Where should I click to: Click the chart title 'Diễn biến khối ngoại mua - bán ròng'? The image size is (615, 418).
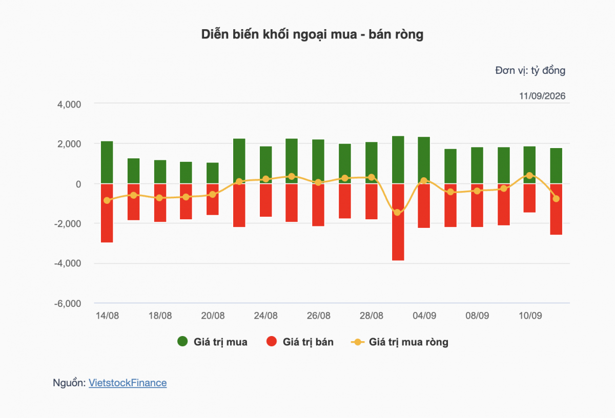(x=312, y=35)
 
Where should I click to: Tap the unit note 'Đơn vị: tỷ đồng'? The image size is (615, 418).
(x=530, y=71)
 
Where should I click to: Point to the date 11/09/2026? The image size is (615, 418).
(x=542, y=96)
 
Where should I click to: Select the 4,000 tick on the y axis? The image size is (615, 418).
(x=69, y=104)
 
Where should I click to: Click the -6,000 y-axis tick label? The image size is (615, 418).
(x=68, y=304)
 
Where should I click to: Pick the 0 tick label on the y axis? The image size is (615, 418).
(x=78, y=184)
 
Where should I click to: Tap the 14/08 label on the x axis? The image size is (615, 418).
(x=107, y=316)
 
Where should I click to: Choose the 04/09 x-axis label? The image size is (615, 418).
(x=424, y=316)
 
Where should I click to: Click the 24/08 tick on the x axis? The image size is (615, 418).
(x=265, y=316)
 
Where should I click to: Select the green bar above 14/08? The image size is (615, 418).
(x=107, y=162)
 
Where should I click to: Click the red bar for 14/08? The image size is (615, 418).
(x=107, y=213)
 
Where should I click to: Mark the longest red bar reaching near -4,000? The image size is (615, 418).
(x=398, y=222)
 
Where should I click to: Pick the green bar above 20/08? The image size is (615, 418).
(x=213, y=173)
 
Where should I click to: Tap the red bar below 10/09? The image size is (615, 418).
(x=529, y=198)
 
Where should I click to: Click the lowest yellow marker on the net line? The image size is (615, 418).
(x=397, y=213)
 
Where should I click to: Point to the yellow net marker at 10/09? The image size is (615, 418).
(x=529, y=175)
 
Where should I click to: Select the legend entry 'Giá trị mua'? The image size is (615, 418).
(x=212, y=342)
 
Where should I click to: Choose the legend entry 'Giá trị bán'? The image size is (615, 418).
(x=300, y=342)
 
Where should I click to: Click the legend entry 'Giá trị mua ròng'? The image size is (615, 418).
(x=400, y=342)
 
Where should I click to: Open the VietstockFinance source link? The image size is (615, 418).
(x=128, y=383)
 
